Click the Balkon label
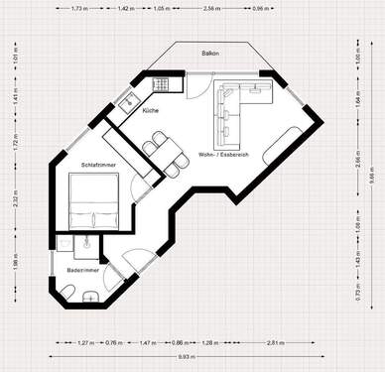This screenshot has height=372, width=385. click(x=209, y=52)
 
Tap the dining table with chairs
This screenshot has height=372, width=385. click(x=165, y=154)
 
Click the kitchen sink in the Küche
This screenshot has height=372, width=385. click(x=126, y=100)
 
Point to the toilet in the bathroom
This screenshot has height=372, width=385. click(x=67, y=290)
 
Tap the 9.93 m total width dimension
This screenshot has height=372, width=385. click(x=186, y=356)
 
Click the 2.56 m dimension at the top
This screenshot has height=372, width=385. click(x=211, y=8)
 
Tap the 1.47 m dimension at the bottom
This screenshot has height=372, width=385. click(x=145, y=342)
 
